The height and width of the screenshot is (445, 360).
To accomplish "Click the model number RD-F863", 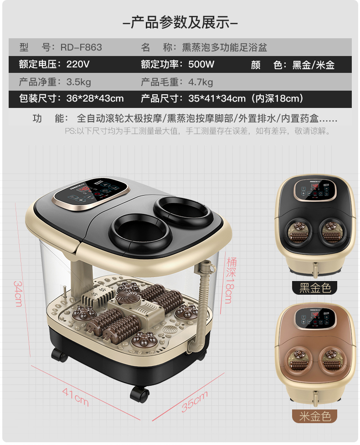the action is pos(81,47).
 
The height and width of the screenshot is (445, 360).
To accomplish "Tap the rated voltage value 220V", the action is pos(78,64).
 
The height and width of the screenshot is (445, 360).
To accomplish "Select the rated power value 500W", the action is pos(201,64).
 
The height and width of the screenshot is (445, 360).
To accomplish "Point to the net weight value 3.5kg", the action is pos(79,82).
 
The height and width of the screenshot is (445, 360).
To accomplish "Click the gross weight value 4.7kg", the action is pos(201,82).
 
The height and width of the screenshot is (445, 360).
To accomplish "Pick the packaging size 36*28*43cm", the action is pos(95,98).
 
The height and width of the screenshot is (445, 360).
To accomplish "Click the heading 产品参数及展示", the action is pos(180,22).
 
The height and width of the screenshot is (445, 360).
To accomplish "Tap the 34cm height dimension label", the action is pos(18,294).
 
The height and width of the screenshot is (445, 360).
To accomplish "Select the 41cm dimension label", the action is pos(76,397).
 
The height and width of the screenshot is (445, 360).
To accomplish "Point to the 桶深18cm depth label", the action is pos(231,280).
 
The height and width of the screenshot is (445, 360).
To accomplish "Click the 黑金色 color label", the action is pos(315,288).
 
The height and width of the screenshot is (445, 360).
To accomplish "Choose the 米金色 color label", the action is pos(315,416).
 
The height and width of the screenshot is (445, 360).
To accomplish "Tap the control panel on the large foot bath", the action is pos(91,194).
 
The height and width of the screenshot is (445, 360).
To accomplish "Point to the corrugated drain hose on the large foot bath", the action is pos(201,307).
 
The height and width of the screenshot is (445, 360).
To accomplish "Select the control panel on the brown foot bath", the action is pos(314,318).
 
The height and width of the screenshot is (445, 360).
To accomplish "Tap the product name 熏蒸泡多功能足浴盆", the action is pos(225,47).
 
